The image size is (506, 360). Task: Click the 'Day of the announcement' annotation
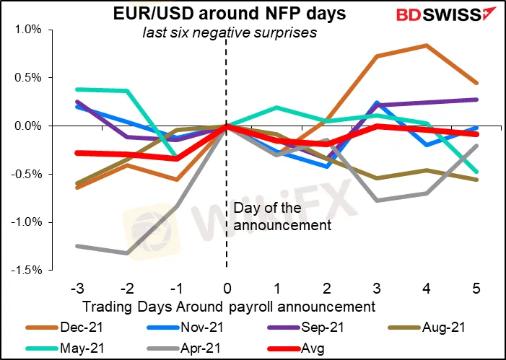tap(282, 217)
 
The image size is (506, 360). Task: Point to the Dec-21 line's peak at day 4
tap(427, 45)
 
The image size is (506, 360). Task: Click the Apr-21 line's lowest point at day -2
tap(126, 253)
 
